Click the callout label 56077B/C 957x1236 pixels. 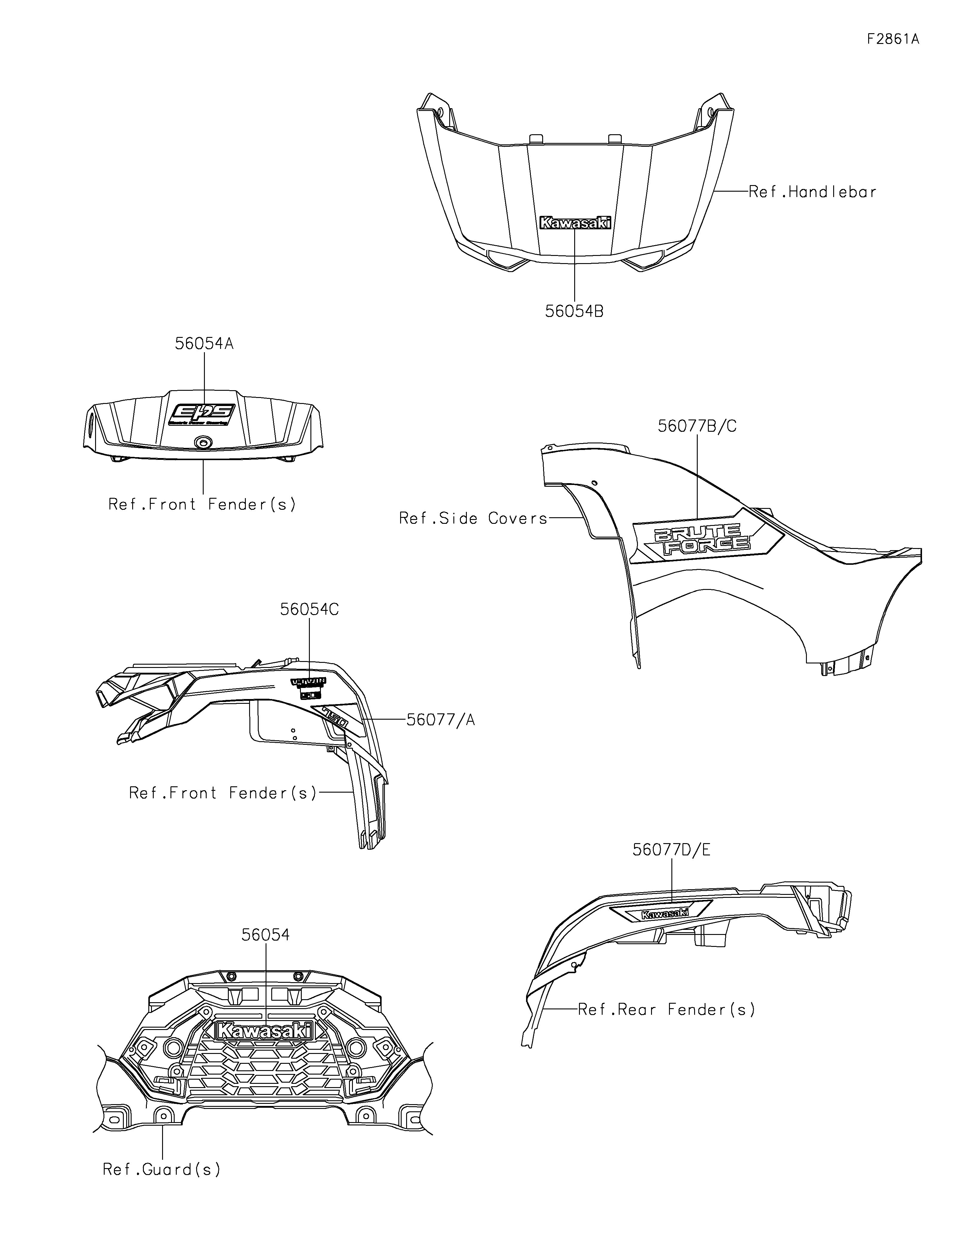[x=697, y=426]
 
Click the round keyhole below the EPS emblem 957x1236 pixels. [x=202, y=442]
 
